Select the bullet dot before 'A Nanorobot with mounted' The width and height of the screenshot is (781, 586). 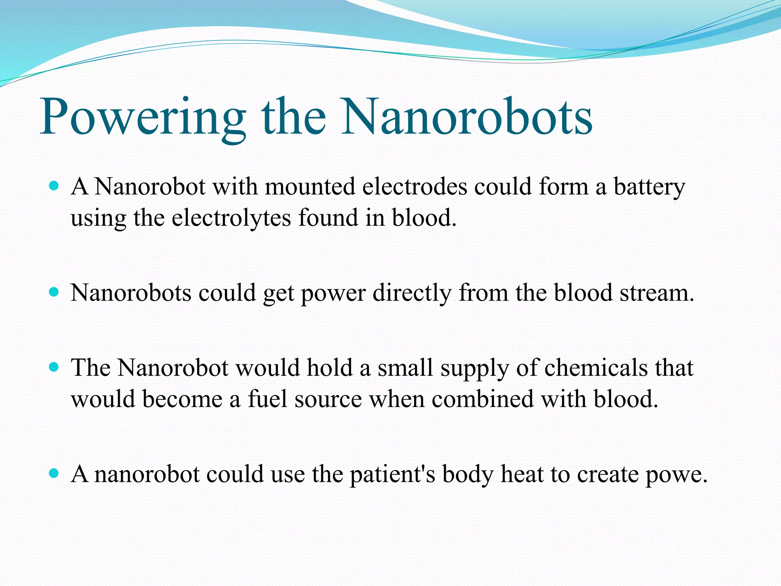tap(54, 187)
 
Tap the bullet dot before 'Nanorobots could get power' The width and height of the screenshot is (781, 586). tap(54, 293)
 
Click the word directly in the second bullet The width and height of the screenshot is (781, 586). tap(412, 294)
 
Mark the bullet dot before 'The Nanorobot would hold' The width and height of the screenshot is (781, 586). tap(54, 367)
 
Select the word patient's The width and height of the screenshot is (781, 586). tap(392, 475)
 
